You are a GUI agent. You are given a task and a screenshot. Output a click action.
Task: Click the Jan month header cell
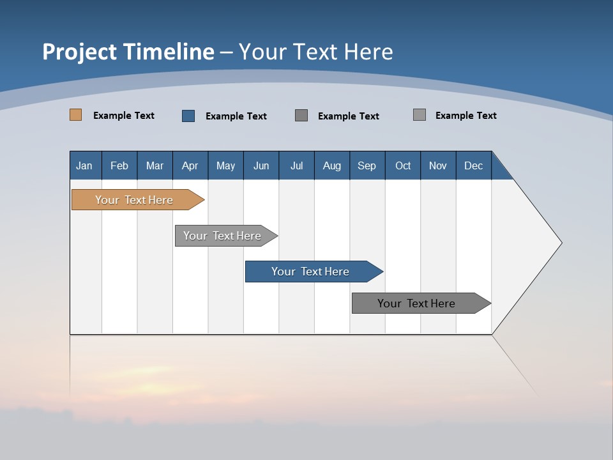coord(85,165)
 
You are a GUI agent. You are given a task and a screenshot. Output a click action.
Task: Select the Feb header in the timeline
coord(119,165)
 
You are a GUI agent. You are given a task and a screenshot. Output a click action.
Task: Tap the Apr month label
coord(190,165)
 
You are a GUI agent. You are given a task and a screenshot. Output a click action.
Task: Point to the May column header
coord(225,165)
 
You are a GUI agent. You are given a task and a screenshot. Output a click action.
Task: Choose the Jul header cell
coord(296,165)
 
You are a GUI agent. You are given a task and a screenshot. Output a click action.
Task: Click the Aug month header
coord(331,165)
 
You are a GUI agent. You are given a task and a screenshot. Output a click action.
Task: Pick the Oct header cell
coord(403,165)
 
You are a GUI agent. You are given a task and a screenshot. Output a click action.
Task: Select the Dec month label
coord(473,165)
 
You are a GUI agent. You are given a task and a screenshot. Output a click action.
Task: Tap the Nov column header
coord(438,165)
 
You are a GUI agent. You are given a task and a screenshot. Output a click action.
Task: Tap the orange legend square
coord(76,115)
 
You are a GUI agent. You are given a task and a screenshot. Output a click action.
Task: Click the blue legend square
coord(188,116)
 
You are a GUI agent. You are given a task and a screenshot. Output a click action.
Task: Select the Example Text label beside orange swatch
coord(124,116)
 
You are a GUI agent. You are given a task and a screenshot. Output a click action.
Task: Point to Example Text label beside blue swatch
coord(236,116)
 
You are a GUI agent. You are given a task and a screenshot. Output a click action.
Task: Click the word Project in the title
coord(80,52)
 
